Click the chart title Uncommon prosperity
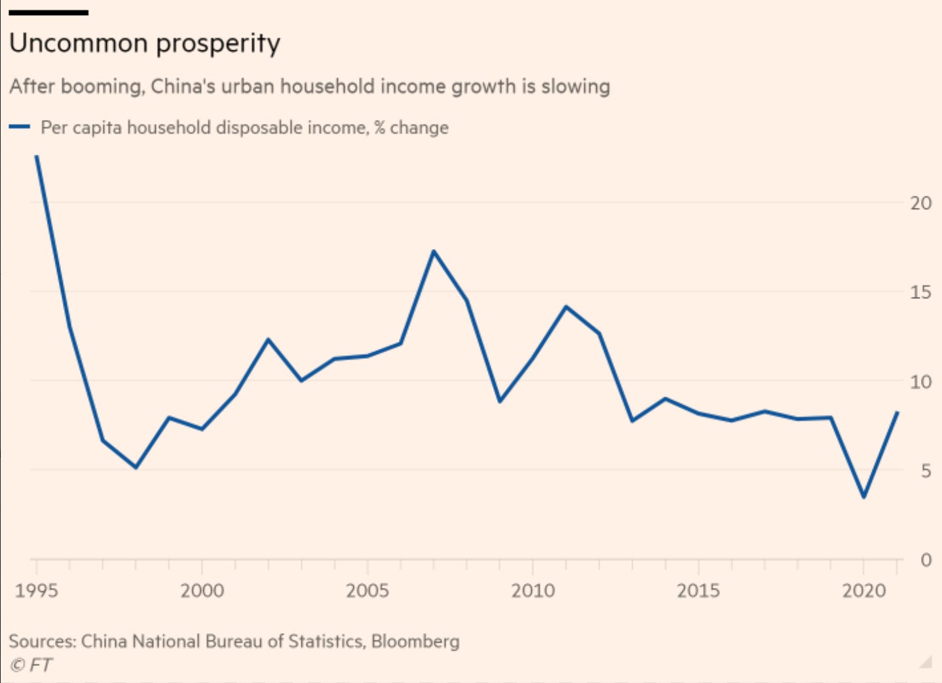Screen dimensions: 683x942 point(145,43)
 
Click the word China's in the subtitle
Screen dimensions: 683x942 point(183,87)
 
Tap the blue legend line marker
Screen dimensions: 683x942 point(20,127)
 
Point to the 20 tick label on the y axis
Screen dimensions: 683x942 point(920,203)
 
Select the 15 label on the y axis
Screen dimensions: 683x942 point(920,292)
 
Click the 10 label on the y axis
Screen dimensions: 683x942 point(920,381)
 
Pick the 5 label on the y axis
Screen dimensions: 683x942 point(925,471)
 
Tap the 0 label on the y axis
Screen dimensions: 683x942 point(926,560)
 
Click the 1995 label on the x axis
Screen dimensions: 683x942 point(37,591)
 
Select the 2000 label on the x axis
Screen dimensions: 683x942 point(202,591)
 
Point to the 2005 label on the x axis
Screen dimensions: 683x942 point(367,591)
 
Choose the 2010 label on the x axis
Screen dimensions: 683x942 point(533,591)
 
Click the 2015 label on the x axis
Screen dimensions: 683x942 point(698,591)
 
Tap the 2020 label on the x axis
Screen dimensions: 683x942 point(863,591)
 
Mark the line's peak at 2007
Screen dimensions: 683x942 point(434,251)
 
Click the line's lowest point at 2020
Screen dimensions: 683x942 point(864,497)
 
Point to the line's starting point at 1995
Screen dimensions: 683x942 point(37,157)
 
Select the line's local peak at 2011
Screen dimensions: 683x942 point(566,307)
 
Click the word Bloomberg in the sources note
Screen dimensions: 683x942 point(415,641)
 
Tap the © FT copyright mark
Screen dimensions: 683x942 point(31,665)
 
